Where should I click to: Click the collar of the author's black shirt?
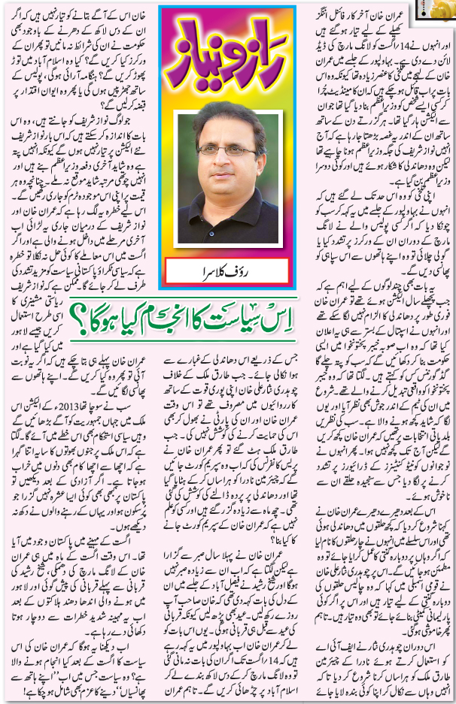coord(226,201)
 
